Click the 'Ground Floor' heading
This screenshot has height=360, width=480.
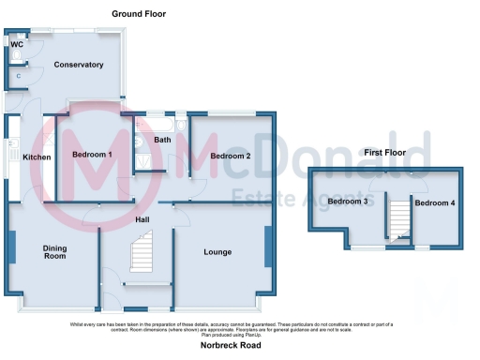click(139, 14)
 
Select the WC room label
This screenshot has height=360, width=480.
click(17, 44)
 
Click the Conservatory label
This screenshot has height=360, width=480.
click(79, 65)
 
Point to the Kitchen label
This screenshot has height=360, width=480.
click(37, 157)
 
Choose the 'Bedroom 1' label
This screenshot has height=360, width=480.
click(92, 155)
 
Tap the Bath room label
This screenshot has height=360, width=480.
click(163, 141)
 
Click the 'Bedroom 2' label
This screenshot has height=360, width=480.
click(230, 156)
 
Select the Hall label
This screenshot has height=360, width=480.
click(142, 219)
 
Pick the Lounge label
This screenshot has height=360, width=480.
click(217, 252)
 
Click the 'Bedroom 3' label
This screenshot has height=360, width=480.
click(347, 202)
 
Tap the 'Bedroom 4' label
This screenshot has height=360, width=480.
click(434, 202)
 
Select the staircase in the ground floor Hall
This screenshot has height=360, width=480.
click(143, 256)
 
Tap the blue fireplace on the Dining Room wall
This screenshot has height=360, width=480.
click(12, 247)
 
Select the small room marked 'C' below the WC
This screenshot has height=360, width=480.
click(19, 75)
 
